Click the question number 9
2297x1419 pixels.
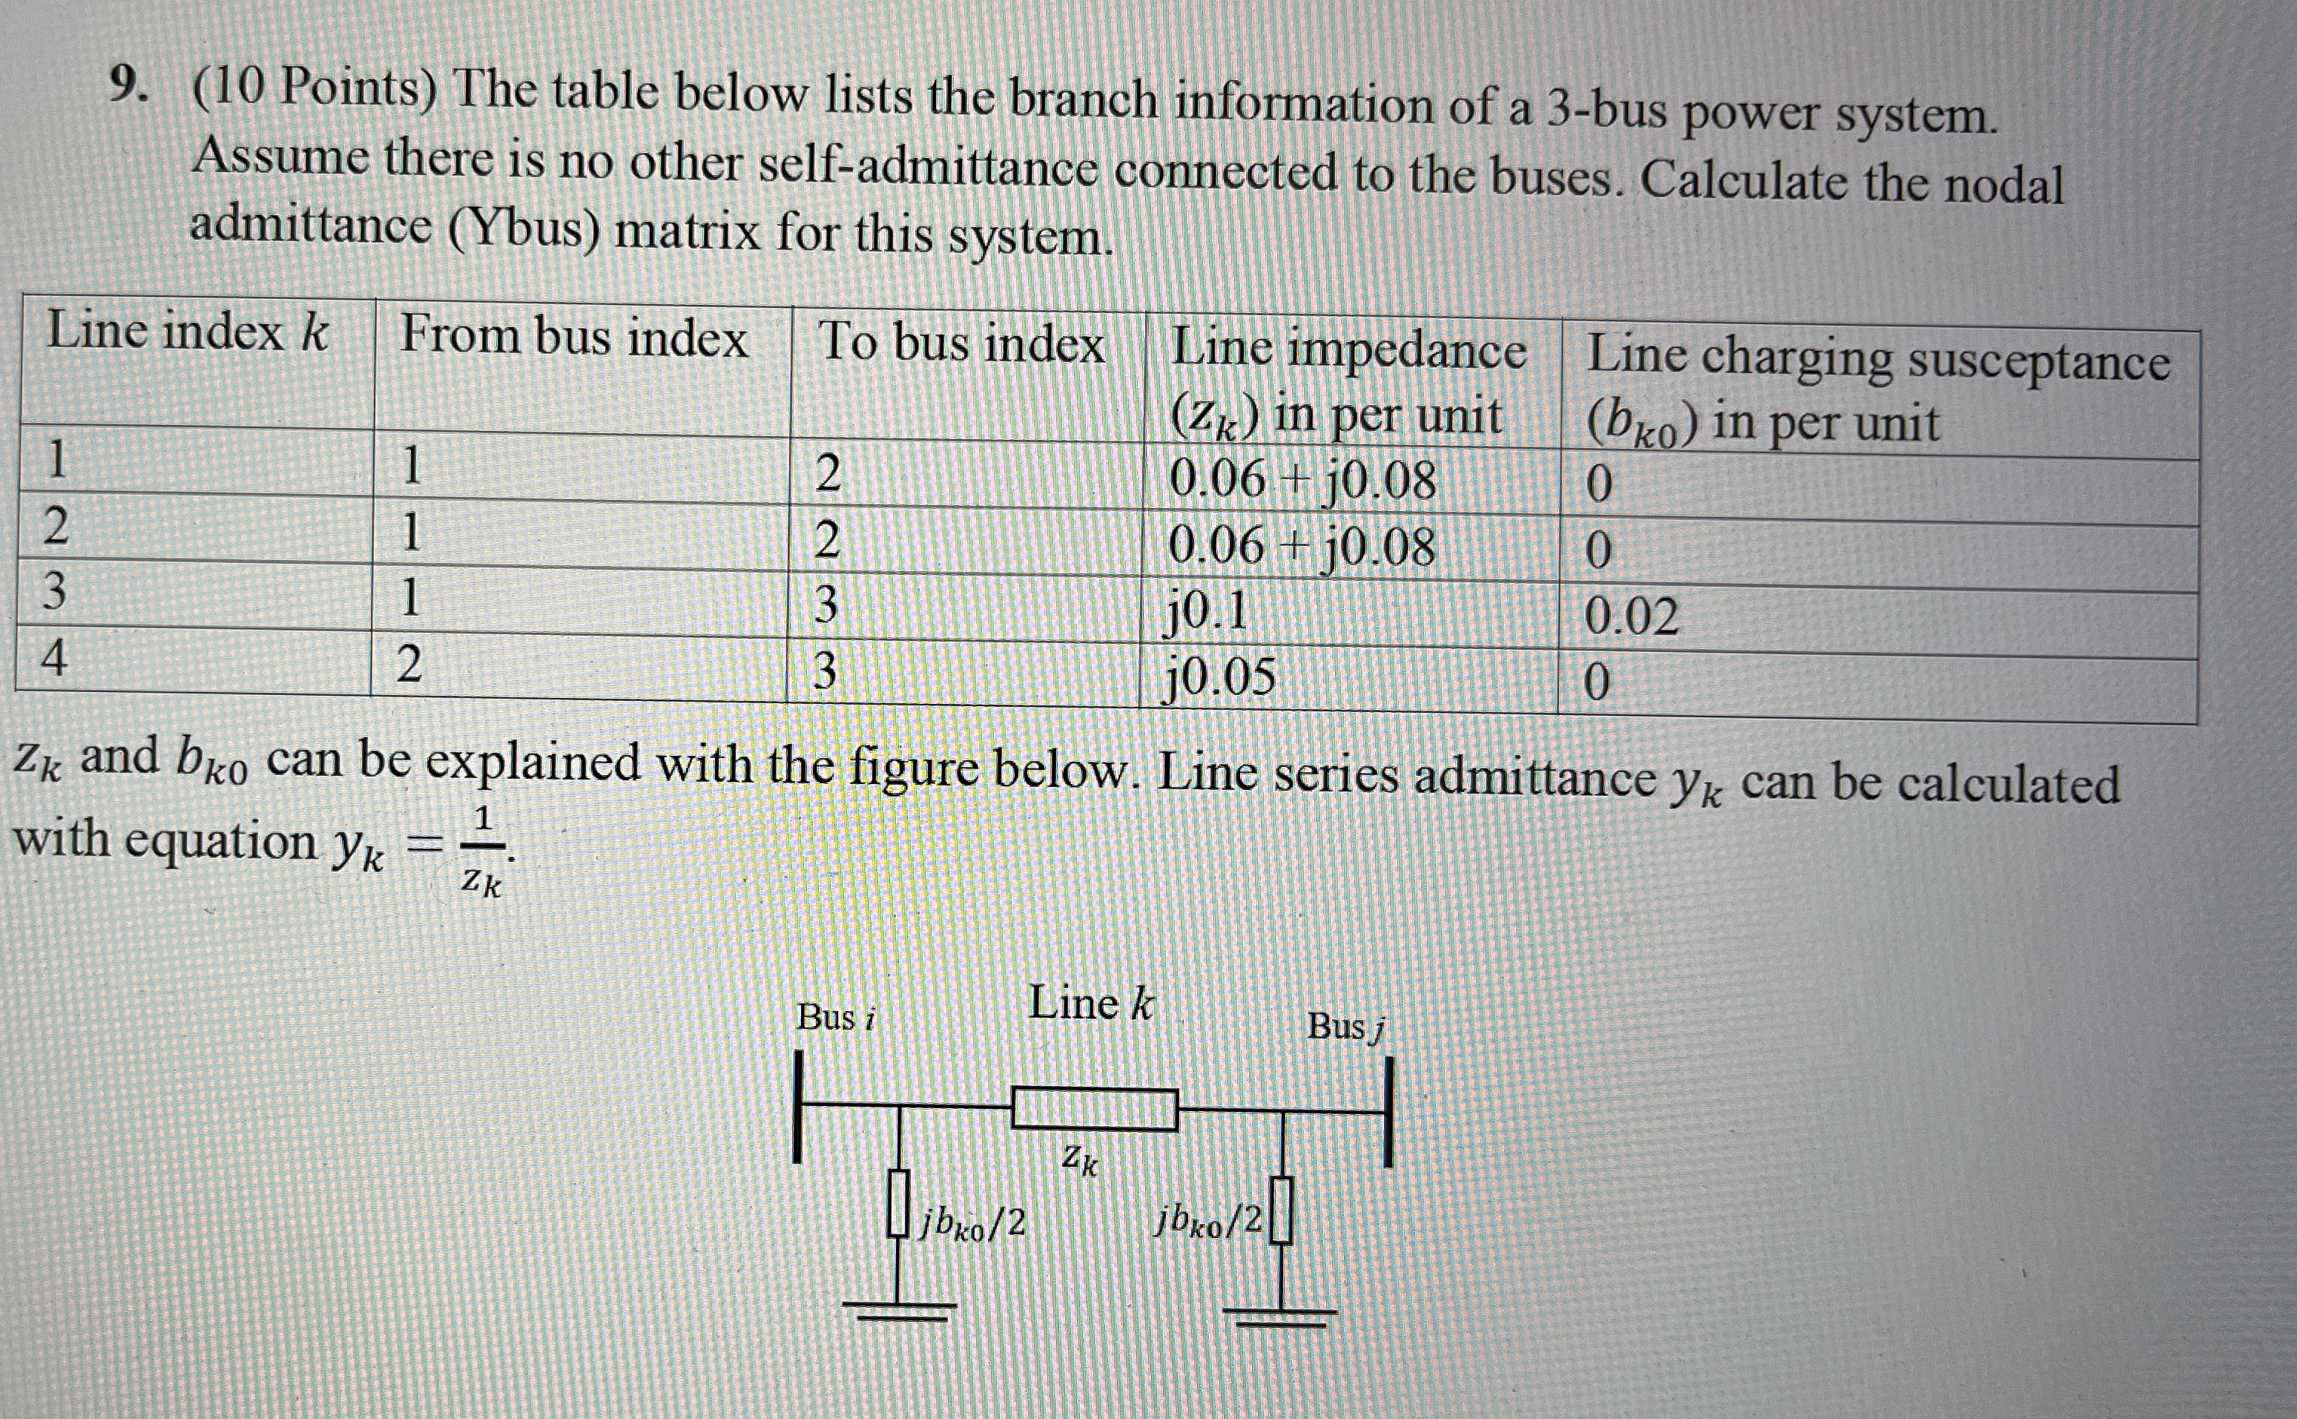pyautogui.click(x=128, y=86)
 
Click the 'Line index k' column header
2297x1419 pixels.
pyautogui.click(x=188, y=332)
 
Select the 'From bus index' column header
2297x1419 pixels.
pyautogui.click(x=573, y=337)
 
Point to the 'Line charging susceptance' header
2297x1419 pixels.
pyautogui.click(x=1876, y=361)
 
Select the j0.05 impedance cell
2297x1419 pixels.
pyautogui.click(x=1221, y=675)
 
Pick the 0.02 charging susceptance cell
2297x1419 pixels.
pyautogui.click(x=1631, y=618)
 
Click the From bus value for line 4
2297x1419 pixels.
pyautogui.click(x=409, y=665)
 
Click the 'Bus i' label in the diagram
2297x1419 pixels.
pyautogui.click(x=835, y=1017)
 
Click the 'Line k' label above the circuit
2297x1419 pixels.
pyautogui.click(x=1090, y=1004)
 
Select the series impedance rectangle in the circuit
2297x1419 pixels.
pyautogui.click(x=1094, y=1109)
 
